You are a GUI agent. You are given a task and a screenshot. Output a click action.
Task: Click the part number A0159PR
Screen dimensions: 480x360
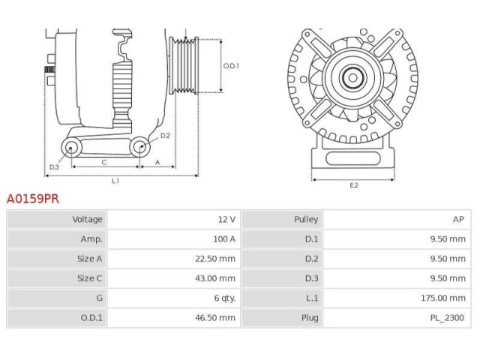pyautogui.click(x=33, y=199)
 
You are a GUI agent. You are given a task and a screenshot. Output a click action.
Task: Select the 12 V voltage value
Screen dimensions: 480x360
pyautogui.click(x=226, y=220)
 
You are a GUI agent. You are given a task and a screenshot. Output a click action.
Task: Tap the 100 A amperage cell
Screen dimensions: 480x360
pyautogui.click(x=224, y=239)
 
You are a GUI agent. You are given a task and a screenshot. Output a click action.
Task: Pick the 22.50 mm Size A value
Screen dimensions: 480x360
pyautogui.click(x=215, y=259)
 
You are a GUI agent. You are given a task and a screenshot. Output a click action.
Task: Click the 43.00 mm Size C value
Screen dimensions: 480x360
pyautogui.click(x=215, y=278)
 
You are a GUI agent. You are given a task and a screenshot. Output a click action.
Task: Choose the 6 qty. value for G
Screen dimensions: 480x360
pyautogui.click(x=225, y=298)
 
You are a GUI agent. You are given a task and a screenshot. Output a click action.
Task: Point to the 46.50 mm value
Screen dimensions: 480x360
pyautogui.click(x=215, y=318)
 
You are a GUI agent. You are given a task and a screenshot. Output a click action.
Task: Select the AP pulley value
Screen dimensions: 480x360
pyautogui.click(x=458, y=220)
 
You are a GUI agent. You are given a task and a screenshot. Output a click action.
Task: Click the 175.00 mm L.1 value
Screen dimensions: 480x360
pyautogui.click(x=443, y=298)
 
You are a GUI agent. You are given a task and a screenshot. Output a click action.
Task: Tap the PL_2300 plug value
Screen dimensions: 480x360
pyautogui.click(x=447, y=318)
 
